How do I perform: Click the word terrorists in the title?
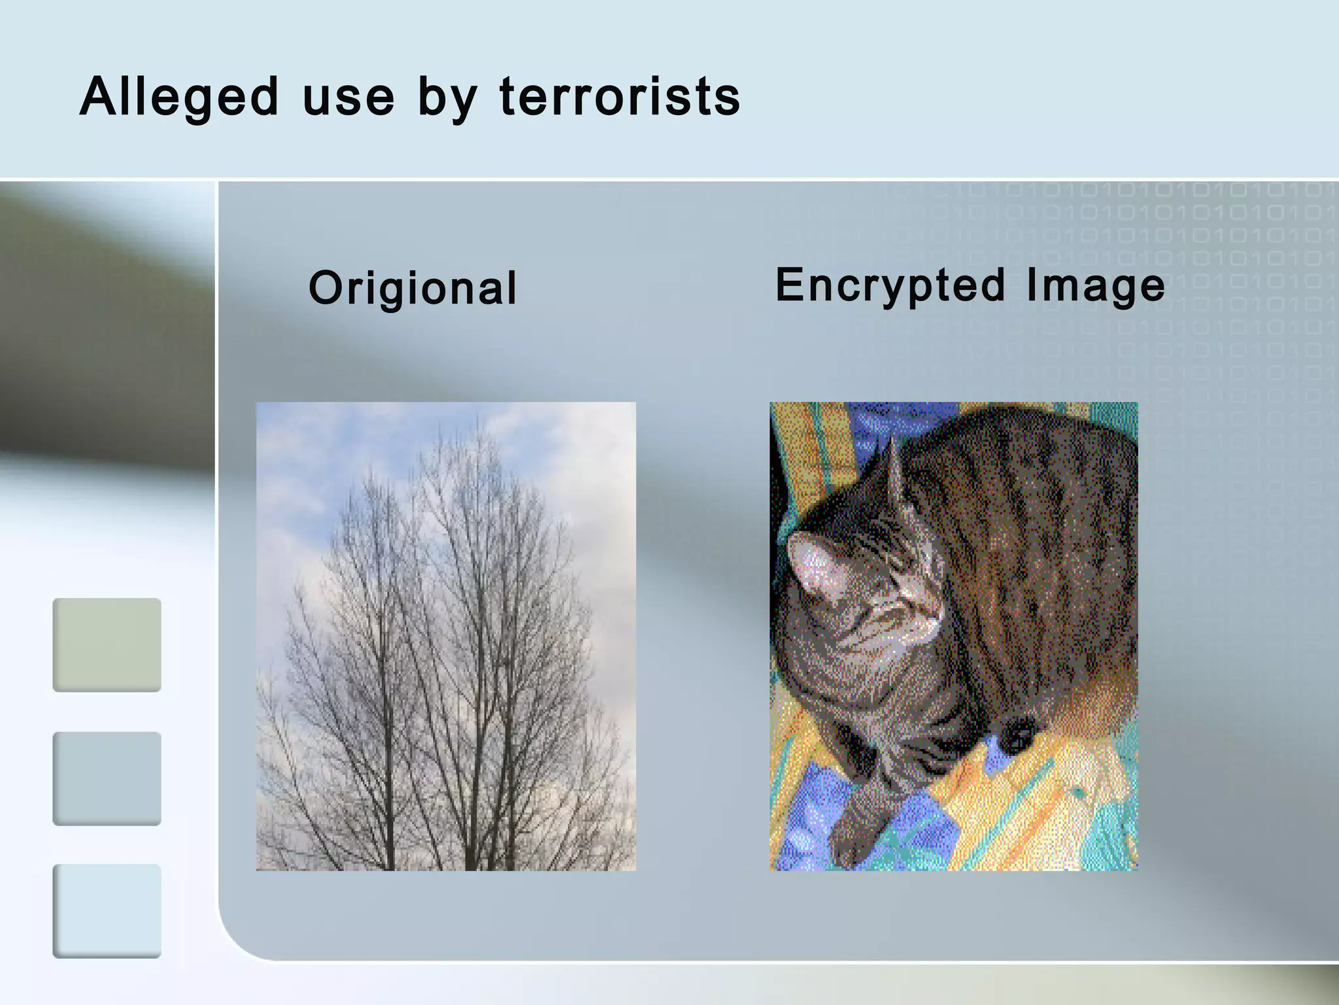(x=620, y=97)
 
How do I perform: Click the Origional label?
(x=413, y=288)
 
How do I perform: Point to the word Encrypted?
(x=890, y=285)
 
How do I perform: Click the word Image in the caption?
(x=1095, y=285)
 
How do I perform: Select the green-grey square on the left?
(x=107, y=644)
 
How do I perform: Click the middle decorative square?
(x=107, y=778)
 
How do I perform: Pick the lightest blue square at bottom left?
(x=107, y=911)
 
